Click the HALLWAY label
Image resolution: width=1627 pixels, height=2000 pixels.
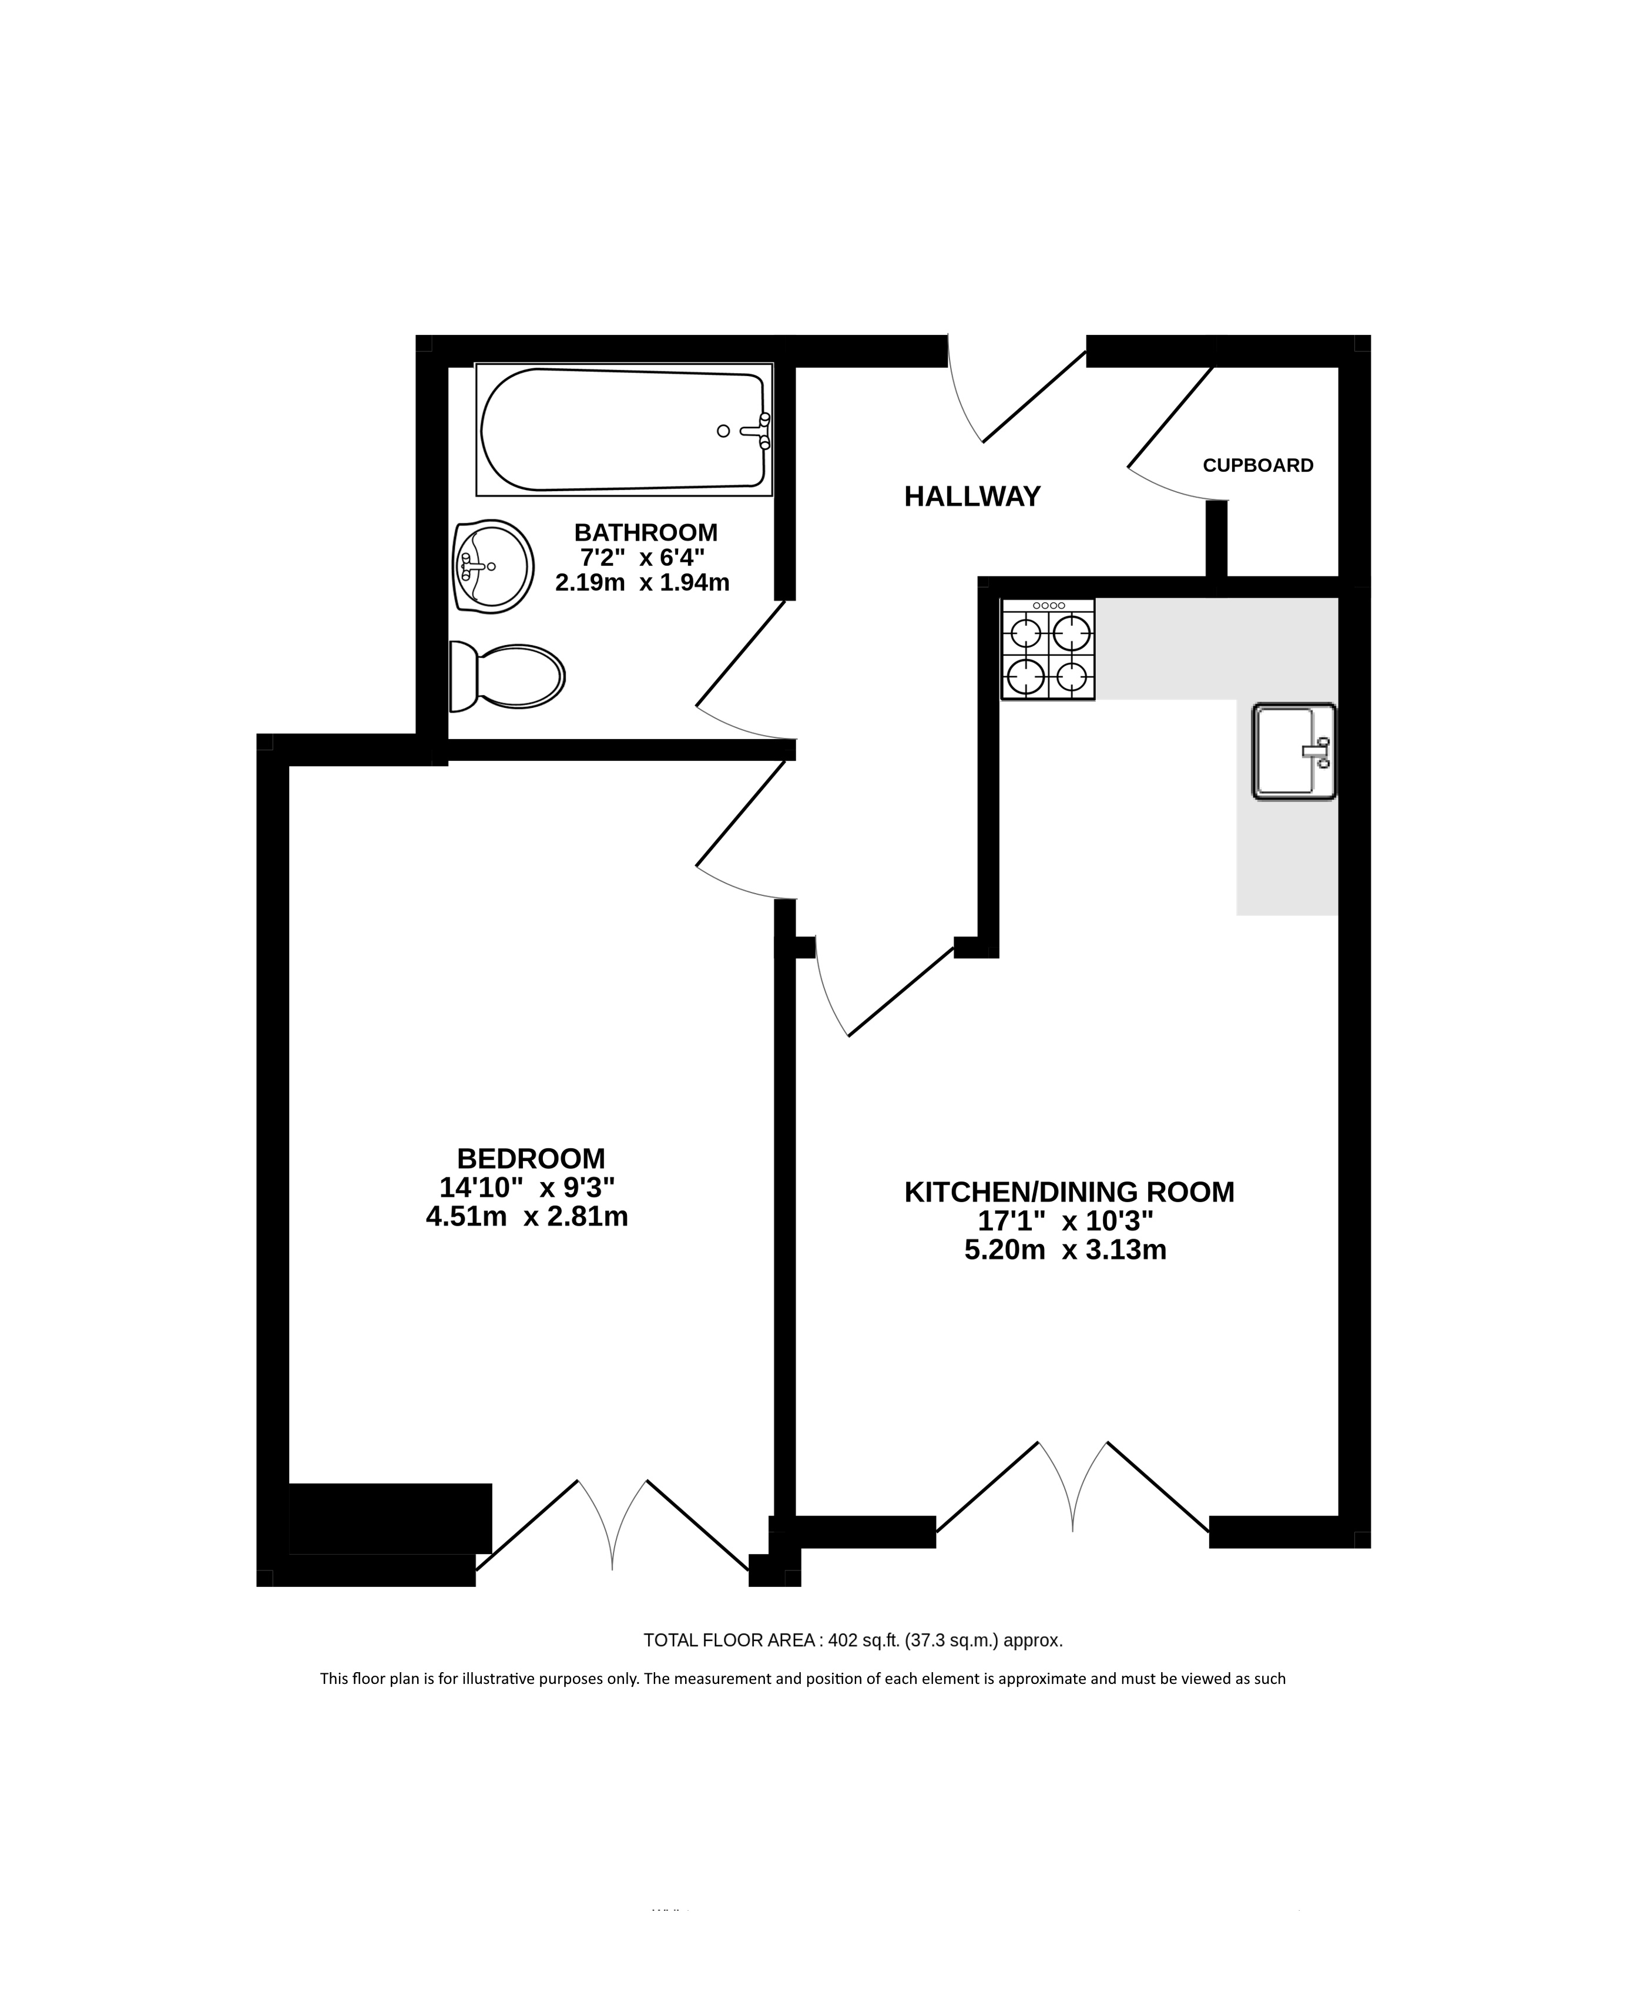tap(972, 496)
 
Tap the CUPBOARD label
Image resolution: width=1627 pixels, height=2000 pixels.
tap(1258, 466)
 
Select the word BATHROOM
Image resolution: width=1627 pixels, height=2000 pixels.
tap(646, 532)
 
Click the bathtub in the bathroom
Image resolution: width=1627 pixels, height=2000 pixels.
tap(624, 430)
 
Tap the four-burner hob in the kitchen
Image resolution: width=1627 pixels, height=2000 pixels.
tap(1048, 649)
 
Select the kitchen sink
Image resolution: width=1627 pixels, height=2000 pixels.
tap(1293, 751)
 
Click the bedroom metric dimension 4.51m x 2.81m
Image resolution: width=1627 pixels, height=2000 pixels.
tap(526, 1216)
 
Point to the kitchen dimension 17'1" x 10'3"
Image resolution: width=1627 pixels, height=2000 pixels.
tap(1066, 1221)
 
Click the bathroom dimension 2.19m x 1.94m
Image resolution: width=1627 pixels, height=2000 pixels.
tap(642, 583)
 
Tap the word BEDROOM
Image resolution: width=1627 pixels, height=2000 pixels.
tap(531, 1159)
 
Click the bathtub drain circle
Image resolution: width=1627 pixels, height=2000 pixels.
tap(723, 431)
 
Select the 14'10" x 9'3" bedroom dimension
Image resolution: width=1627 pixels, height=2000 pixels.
tap(526, 1187)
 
